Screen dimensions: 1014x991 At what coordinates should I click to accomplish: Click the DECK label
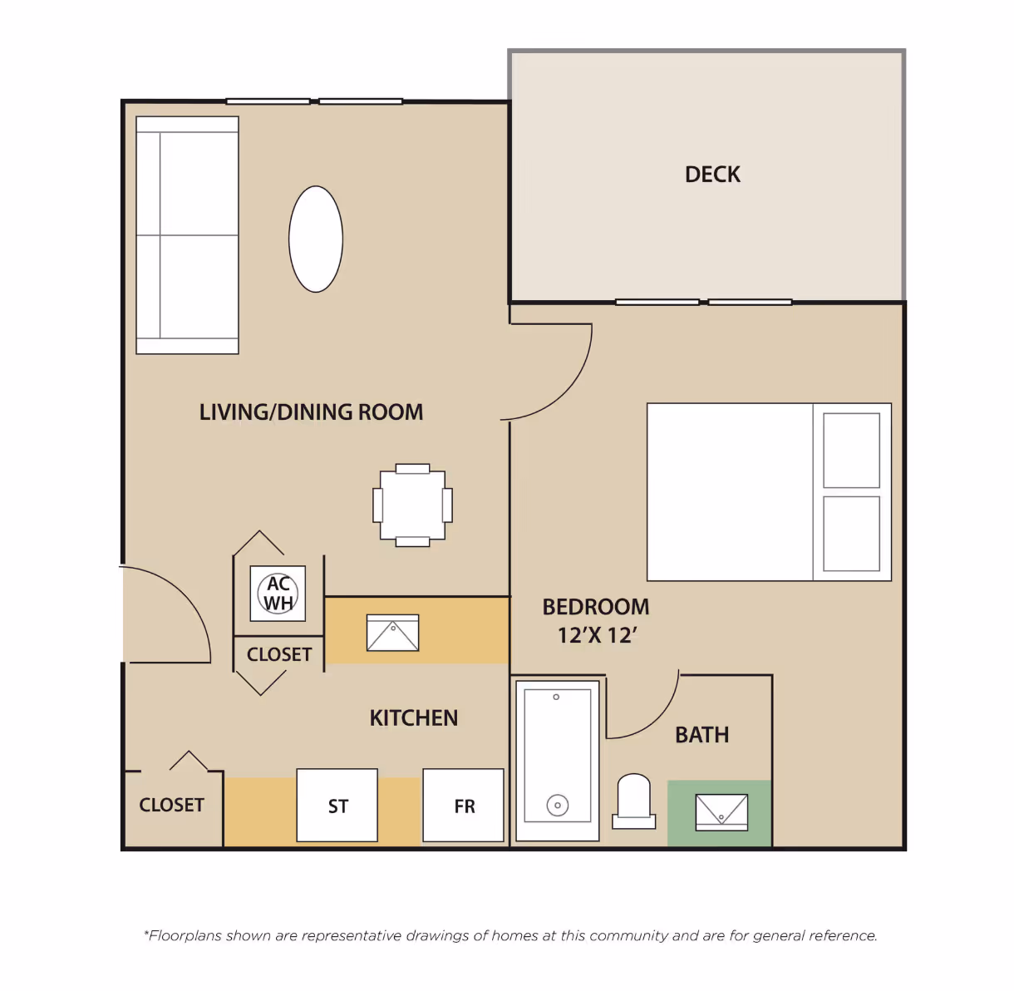tap(712, 175)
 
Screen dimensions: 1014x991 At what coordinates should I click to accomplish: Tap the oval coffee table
tap(316, 239)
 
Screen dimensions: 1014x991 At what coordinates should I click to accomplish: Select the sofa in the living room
tap(188, 235)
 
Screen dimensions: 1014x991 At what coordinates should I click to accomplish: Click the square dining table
tap(413, 505)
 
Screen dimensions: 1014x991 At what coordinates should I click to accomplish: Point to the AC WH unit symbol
tap(278, 594)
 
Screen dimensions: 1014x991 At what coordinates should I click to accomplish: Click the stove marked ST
tap(337, 806)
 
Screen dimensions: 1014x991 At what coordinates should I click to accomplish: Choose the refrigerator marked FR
tap(463, 806)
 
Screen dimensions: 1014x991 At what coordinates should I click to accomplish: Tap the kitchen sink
tap(392, 633)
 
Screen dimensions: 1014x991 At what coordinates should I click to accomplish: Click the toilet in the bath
tap(633, 801)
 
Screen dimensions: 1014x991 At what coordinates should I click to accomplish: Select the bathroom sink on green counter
tap(721, 812)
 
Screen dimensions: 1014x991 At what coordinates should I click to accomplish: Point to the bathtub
tap(558, 761)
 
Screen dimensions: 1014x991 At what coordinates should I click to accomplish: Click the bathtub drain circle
tap(558, 806)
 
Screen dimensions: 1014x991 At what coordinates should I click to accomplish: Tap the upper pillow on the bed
tap(851, 451)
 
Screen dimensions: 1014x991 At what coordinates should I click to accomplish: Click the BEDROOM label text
tap(596, 607)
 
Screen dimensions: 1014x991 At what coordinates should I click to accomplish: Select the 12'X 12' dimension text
tap(597, 635)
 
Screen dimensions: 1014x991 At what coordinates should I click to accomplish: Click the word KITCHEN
tap(414, 718)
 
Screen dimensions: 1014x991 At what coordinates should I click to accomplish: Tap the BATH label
tap(701, 735)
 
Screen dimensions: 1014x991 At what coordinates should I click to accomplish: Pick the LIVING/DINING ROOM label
tap(311, 412)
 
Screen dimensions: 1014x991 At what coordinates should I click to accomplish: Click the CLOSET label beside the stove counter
tap(171, 805)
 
